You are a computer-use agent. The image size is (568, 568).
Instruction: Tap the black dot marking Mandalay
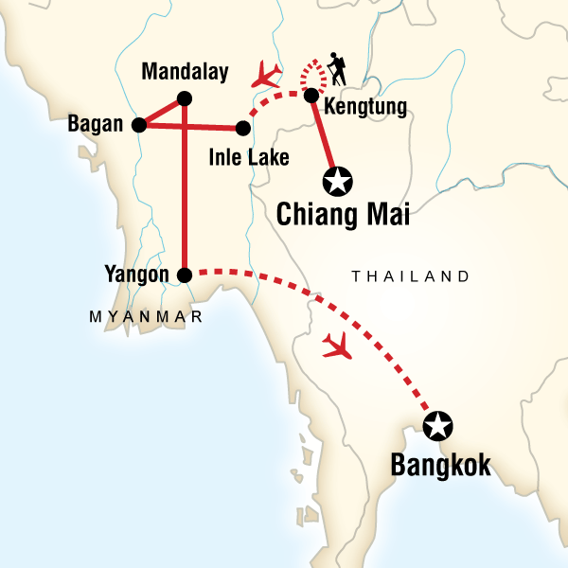pyautogui.click(x=185, y=97)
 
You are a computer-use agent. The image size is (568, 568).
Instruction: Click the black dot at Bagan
pyautogui.click(x=139, y=124)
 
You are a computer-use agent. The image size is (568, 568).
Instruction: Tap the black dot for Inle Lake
pyautogui.click(x=243, y=125)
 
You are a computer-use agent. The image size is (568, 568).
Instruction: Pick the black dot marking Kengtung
pyautogui.click(x=311, y=95)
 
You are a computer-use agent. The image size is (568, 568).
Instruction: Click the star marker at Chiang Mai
pyautogui.click(x=338, y=177)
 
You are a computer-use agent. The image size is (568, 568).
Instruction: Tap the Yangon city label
pyautogui.click(x=139, y=275)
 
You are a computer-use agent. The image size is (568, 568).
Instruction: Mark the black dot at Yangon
pyautogui.click(x=185, y=275)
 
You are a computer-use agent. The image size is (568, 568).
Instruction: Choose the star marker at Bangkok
pyautogui.click(x=438, y=426)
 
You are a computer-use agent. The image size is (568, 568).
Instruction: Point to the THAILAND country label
pyautogui.click(x=410, y=276)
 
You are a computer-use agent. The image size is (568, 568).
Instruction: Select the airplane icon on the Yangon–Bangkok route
pyautogui.click(x=337, y=347)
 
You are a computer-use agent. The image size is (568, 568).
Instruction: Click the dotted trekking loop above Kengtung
pyautogui.click(x=311, y=72)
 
